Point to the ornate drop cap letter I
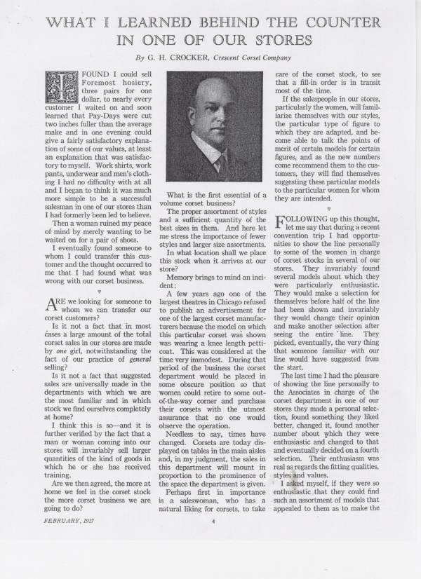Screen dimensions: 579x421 pyautogui.click(x=58, y=88)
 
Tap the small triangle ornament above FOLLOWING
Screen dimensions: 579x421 pyautogui.click(x=328, y=208)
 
